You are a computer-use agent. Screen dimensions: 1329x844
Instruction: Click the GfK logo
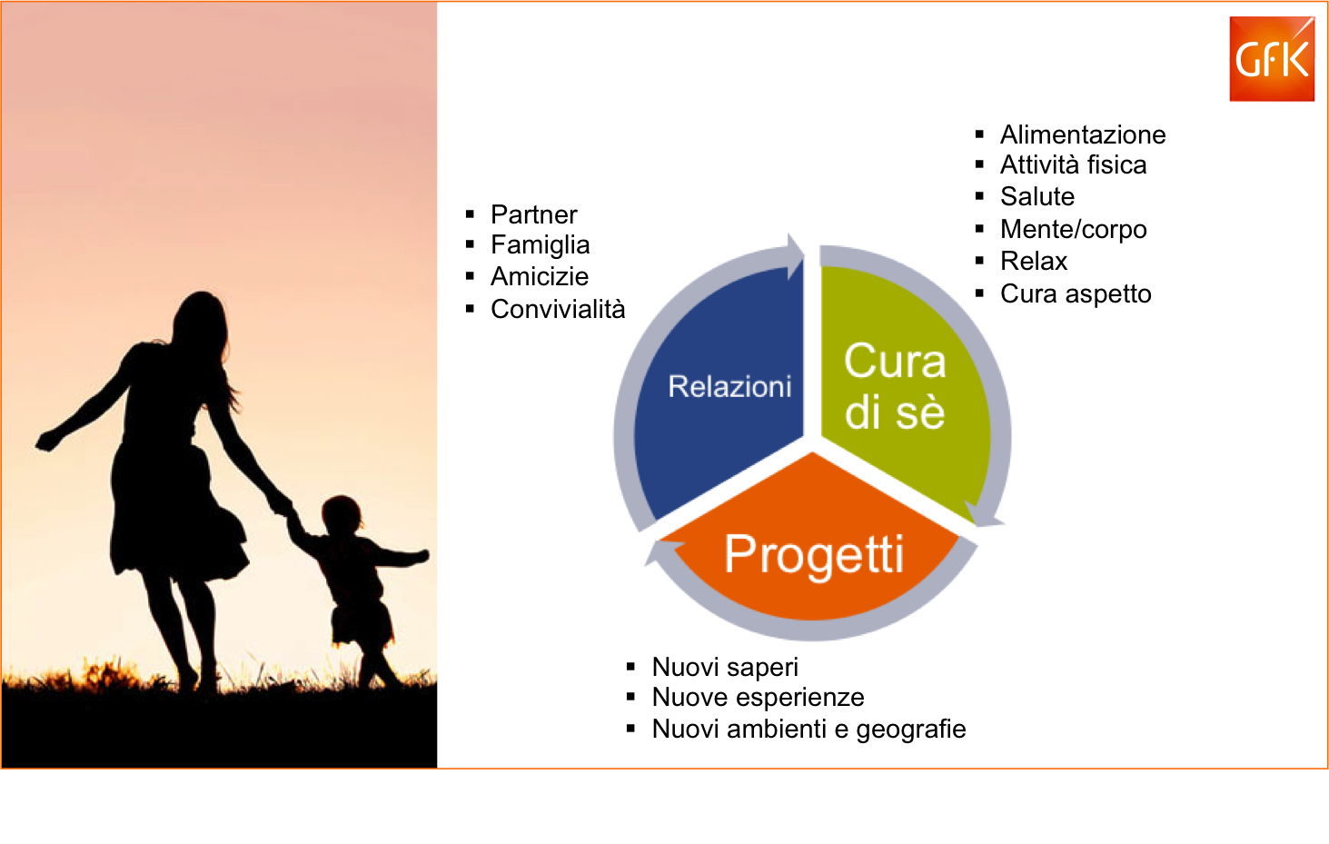tap(1272, 59)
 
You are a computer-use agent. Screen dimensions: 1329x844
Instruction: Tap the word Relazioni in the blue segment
tap(729, 387)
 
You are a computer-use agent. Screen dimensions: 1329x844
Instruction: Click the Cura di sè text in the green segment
tap(895, 386)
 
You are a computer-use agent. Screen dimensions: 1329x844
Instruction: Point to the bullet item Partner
tap(533, 214)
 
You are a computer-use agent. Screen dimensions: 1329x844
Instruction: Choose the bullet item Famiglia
tap(540, 245)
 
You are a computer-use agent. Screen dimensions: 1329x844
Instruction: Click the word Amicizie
tap(540, 276)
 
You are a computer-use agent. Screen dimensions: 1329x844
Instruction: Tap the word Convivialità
tap(558, 309)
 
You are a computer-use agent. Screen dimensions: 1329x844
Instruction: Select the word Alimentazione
tap(1083, 134)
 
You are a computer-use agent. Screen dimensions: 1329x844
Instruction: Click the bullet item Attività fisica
tap(1074, 165)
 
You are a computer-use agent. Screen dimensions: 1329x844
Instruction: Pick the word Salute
tap(1037, 196)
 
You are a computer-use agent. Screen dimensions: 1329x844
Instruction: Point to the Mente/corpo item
tap(1074, 230)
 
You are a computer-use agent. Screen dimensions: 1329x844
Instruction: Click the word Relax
tap(1034, 261)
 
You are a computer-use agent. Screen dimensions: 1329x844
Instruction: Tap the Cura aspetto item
tap(1076, 294)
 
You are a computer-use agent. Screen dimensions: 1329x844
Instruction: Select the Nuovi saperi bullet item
tap(725, 668)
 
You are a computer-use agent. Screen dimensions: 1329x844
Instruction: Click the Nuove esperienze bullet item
tap(758, 698)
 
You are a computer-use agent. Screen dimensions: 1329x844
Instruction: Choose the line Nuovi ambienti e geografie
tap(808, 730)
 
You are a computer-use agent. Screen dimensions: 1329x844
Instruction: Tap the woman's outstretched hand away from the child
tap(47, 441)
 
